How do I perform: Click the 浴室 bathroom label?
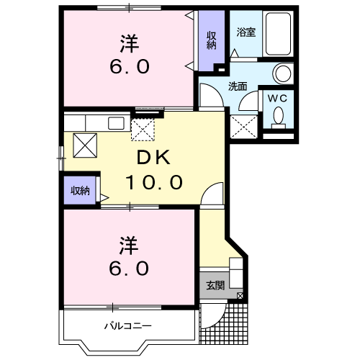coord(246,32)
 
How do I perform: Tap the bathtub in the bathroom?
coord(279,34)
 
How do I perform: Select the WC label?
coord(277,98)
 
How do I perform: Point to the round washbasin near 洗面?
coord(283,73)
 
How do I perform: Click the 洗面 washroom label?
coord(238,86)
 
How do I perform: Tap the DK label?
coord(153,157)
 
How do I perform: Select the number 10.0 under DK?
coord(154,182)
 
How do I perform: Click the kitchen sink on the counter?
coord(116,123)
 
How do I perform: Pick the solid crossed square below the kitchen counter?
coord(85,145)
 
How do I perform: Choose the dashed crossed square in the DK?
coord(143,130)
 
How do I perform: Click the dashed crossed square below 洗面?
coord(244,127)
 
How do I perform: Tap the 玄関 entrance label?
coord(215,286)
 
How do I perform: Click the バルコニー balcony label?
coord(128,326)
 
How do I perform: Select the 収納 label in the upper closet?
coord(212,40)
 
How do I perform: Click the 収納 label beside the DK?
coord(80,191)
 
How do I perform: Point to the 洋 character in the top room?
coord(130,43)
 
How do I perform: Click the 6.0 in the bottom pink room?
coord(129,269)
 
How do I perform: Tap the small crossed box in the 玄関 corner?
coord(240,296)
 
